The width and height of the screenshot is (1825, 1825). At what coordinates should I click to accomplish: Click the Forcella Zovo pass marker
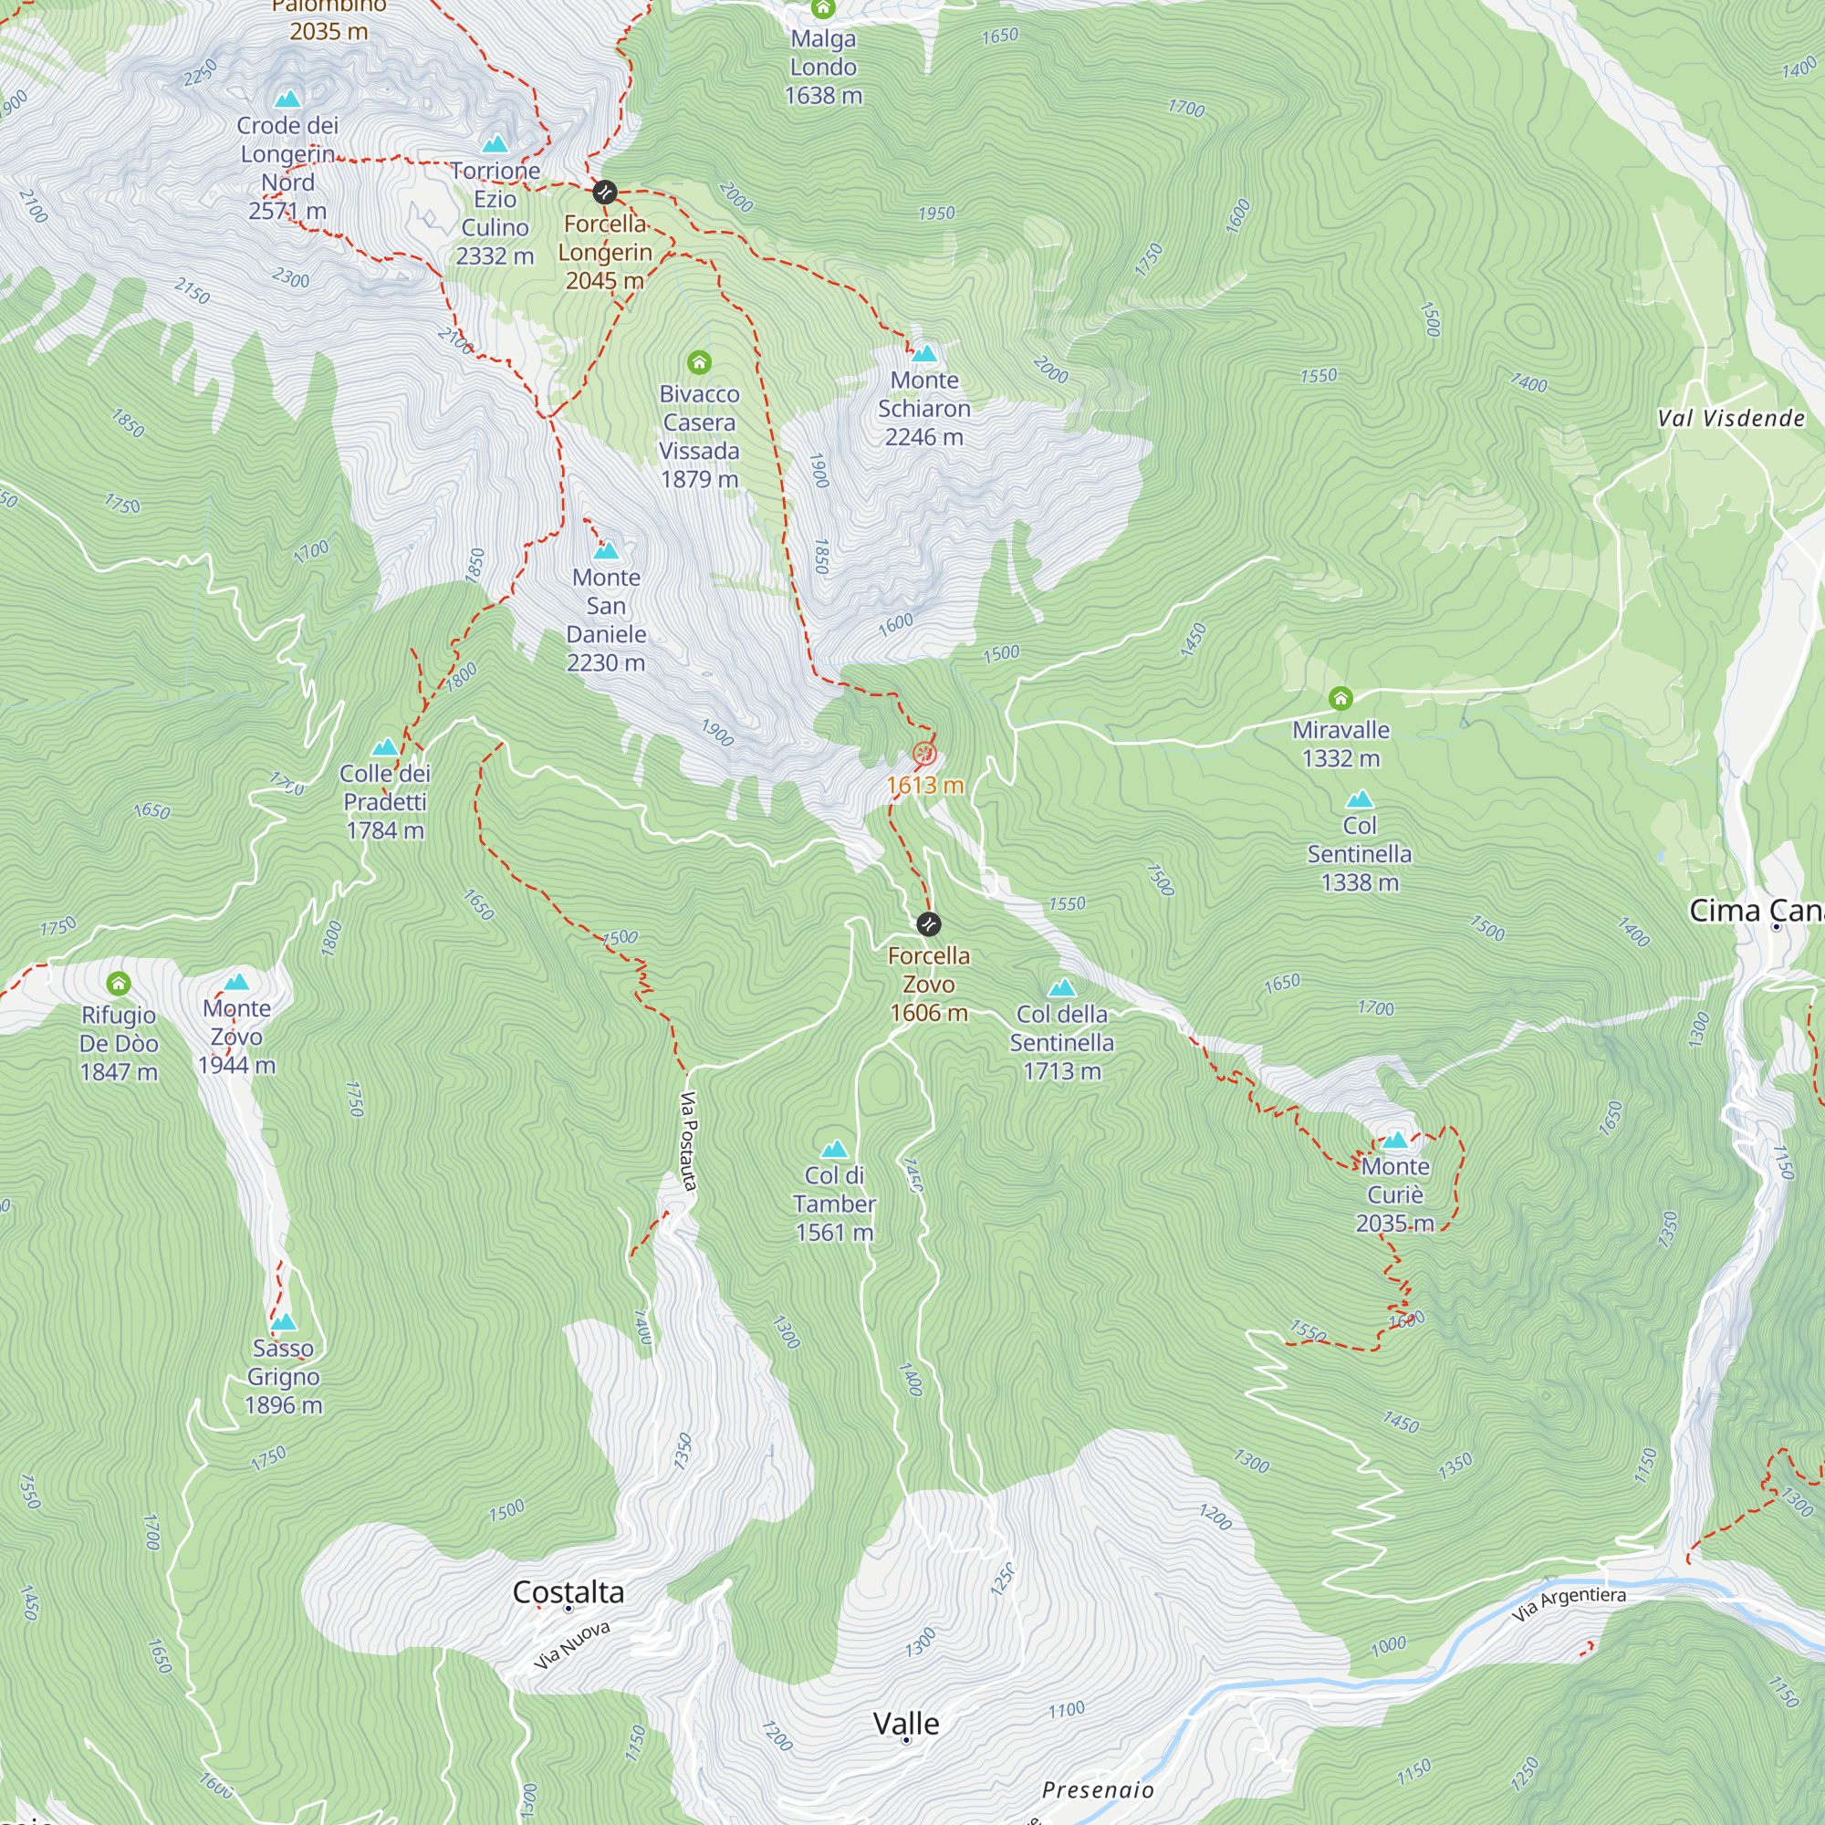coord(929,923)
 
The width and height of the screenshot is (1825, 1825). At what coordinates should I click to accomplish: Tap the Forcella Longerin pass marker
coord(605,193)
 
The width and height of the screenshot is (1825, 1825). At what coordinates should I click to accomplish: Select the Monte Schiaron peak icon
coord(923,354)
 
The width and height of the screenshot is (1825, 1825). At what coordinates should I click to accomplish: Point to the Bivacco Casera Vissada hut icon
coord(699,363)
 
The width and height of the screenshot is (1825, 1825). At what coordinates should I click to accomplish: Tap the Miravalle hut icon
coord(1340,699)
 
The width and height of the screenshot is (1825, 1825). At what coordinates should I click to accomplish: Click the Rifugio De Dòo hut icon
coord(118,985)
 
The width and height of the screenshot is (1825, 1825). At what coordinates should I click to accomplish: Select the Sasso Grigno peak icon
coord(284,1321)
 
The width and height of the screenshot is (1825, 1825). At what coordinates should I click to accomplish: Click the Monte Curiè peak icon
coord(1395,1140)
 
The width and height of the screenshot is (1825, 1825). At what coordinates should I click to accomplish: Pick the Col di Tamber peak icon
coord(834,1150)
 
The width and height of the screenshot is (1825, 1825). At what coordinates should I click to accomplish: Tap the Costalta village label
coord(568,1592)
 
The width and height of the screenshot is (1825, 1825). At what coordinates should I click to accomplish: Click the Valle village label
coord(906,1724)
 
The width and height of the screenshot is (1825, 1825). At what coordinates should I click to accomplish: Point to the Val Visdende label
coord(1730,419)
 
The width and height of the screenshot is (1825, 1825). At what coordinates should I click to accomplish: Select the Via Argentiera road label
coord(1568,1604)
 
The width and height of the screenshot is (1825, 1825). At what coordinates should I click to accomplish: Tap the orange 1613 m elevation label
coord(924,785)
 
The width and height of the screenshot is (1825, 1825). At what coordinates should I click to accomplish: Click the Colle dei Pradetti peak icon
coord(384,747)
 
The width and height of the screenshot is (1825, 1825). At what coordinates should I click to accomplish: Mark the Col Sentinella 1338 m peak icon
coord(1360,799)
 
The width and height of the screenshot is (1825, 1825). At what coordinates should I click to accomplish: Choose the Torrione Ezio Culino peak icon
coord(495,144)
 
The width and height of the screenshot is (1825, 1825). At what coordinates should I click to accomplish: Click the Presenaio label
coord(1097,1790)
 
